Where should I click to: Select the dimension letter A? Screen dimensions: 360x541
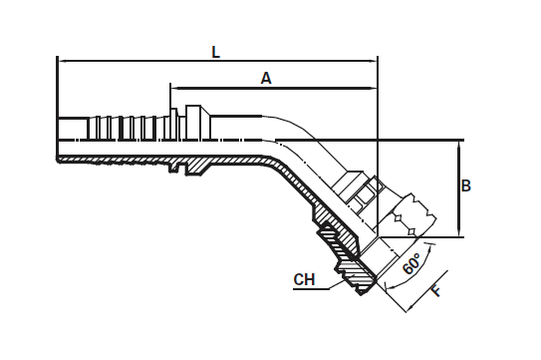266,77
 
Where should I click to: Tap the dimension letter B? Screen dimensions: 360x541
466,185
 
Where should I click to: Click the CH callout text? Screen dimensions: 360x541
305,279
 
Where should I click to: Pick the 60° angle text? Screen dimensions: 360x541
409,264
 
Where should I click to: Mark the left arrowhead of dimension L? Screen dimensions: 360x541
63,61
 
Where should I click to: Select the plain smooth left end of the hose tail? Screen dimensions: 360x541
72,128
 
